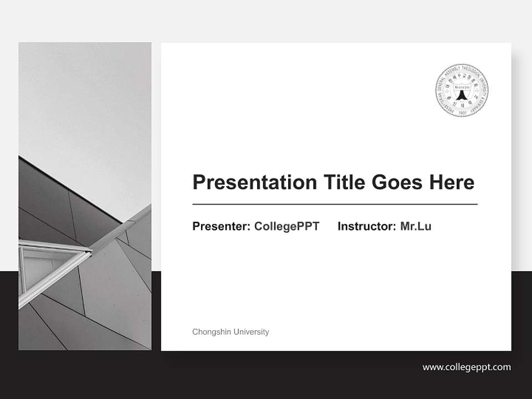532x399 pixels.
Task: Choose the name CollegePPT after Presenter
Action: point(287,226)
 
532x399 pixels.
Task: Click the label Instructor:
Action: point(367,226)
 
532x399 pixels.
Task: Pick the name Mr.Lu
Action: point(416,226)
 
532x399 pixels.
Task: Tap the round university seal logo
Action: point(462,90)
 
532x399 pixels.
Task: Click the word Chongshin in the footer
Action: point(212,332)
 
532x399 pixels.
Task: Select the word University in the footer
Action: point(251,332)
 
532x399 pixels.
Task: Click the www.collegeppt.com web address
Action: point(467,367)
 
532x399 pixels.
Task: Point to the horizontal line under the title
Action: point(335,204)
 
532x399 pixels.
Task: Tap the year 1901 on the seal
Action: point(462,111)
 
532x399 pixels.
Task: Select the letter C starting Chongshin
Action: point(195,332)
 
